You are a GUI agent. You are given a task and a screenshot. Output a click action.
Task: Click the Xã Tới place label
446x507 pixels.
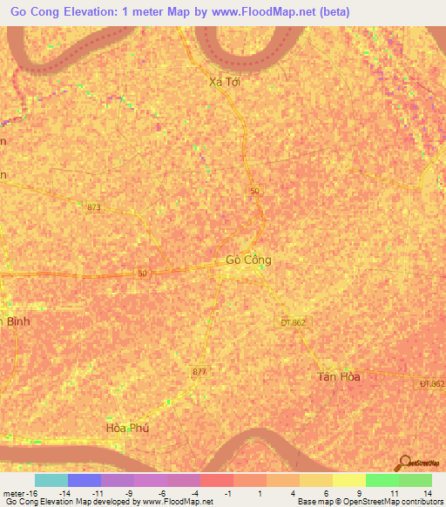225,82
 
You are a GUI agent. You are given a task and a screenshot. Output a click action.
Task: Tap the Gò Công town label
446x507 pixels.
248,260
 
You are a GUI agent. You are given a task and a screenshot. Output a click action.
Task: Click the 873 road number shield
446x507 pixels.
94,207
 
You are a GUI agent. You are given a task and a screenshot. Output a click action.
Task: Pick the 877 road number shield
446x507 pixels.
199,371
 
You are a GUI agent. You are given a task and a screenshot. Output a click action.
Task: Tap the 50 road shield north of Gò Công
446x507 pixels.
254,191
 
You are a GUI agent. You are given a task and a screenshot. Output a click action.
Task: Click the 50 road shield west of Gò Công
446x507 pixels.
142,273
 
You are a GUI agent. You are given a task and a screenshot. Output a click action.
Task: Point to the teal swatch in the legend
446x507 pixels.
51,480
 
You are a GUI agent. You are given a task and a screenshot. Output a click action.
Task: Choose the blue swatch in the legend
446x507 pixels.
84,480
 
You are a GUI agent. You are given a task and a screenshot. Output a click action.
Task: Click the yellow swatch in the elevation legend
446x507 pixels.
348,480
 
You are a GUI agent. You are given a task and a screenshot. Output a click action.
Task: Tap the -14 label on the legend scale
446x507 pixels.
64,492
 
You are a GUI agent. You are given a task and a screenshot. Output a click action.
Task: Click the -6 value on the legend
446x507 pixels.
162,492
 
